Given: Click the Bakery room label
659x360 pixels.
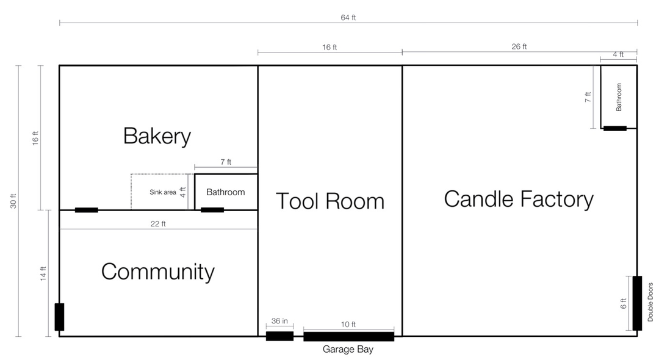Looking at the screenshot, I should [x=157, y=135].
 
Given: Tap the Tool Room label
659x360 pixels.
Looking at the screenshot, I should [x=330, y=201].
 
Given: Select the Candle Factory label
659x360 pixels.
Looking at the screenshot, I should [x=519, y=199].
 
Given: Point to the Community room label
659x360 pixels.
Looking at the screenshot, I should [x=157, y=272].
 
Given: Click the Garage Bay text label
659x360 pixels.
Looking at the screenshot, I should [x=348, y=350].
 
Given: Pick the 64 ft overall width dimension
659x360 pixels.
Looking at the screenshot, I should [x=348, y=17].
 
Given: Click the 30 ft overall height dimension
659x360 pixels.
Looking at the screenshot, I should [x=13, y=200].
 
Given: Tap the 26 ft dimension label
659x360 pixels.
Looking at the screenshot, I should [x=519, y=46].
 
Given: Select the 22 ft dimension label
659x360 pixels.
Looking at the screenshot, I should [x=158, y=224].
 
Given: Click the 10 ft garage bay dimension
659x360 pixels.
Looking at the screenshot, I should [x=348, y=324].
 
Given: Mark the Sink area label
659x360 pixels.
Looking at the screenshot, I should [x=163, y=192].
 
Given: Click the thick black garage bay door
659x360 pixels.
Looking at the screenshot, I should [x=348, y=336].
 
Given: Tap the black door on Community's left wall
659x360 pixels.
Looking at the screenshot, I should [x=59, y=317].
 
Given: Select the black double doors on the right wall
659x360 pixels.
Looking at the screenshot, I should [x=637, y=303].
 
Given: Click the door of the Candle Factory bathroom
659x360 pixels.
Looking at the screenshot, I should [x=614, y=128].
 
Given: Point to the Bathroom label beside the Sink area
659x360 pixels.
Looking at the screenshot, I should [x=225, y=192].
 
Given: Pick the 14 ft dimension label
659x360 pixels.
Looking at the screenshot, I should [x=43, y=273].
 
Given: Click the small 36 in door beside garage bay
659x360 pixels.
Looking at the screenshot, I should [x=279, y=336].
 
